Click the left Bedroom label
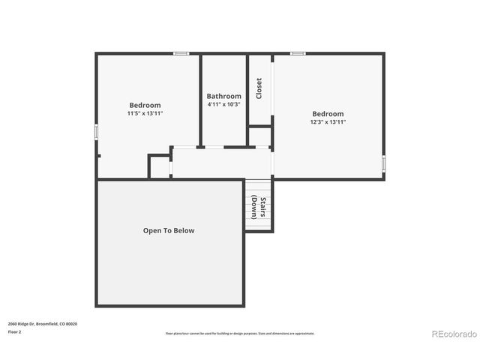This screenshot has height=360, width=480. click(x=145, y=105)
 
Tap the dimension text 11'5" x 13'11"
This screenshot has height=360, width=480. click(x=145, y=113)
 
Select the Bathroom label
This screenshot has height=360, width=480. click(x=224, y=96)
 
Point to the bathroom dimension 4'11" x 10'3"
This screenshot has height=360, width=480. click(x=224, y=104)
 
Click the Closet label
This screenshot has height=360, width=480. click(x=259, y=88)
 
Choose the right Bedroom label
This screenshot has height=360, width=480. click(x=328, y=113)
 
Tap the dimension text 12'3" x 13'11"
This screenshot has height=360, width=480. click(x=328, y=121)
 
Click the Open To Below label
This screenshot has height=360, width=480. click(x=169, y=230)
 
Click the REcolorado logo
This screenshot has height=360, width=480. click(x=454, y=333)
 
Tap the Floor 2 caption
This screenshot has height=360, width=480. click(x=14, y=331)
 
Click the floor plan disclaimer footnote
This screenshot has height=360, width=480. click(x=240, y=333)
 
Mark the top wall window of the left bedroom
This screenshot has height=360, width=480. click(x=181, y=53)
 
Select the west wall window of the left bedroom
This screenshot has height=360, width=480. click(x=96, y=130)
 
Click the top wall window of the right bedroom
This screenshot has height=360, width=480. click(x=298, y=53)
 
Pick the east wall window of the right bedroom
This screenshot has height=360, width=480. click(x=383, y=163)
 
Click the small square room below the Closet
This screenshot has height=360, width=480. click(x=259, y=136)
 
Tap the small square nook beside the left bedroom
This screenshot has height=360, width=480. click(x=160, y=166)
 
